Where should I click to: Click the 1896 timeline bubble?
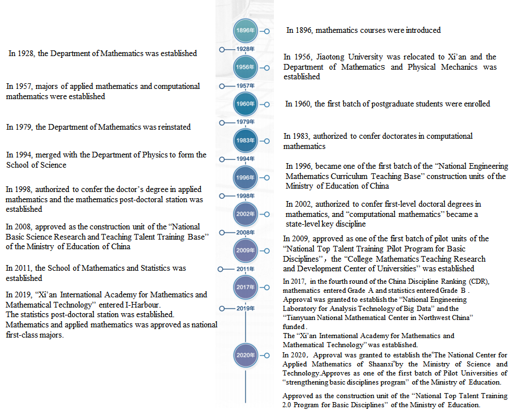245,30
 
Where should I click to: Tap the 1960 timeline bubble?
245,104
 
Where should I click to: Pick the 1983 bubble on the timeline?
245,140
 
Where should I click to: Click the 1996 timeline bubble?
245,178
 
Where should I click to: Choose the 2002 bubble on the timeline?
245,214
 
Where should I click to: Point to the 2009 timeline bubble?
245,250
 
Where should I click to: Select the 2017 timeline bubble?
245,287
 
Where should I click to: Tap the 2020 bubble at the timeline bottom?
245,356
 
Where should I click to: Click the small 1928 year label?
245,49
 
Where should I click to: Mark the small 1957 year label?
245,86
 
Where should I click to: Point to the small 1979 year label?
245,122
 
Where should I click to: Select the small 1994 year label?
245,159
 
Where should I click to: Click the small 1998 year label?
245,196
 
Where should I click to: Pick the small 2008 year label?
245,232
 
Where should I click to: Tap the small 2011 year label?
245,269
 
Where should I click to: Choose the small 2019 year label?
245,308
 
